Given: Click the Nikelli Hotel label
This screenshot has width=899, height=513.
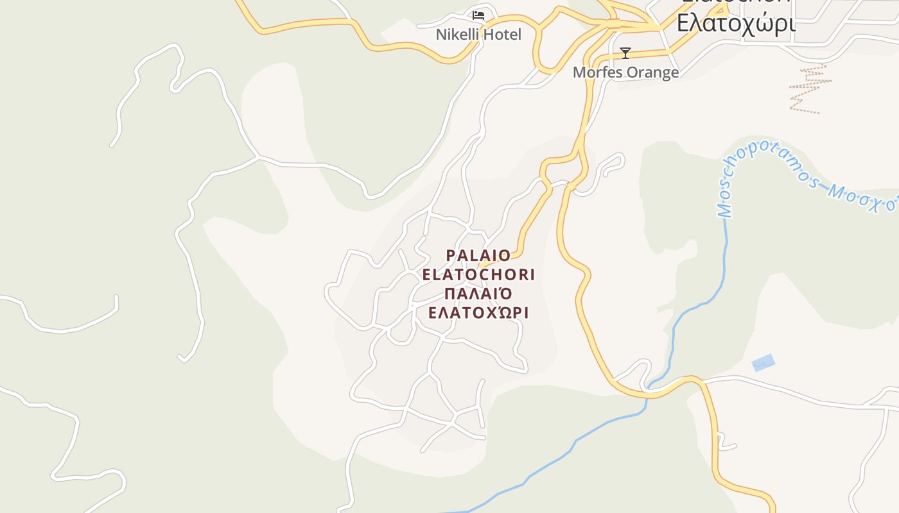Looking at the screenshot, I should click(478, 35).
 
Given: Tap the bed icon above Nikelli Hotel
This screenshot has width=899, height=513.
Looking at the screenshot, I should click(478, 15).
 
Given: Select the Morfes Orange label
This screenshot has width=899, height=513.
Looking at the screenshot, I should click(625, 72).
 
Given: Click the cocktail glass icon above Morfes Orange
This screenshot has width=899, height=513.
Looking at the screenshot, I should click(625, 53).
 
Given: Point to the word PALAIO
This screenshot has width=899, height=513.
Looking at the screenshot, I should click(478, 255).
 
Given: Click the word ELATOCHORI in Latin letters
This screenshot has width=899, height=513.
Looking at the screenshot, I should click(478, 274).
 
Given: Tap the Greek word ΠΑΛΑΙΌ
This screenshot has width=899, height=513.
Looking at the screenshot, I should click(478, 294).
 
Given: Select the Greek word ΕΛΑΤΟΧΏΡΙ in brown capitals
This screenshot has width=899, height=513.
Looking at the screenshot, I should click(478, 313).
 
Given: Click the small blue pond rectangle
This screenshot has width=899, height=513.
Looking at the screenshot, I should click(763, 363).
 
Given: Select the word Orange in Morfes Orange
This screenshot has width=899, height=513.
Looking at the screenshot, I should click(652, 72).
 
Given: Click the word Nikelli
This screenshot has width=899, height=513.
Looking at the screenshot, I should click(457, 35).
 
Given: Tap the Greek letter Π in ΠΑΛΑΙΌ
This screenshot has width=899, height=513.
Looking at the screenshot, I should click(449, 294).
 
